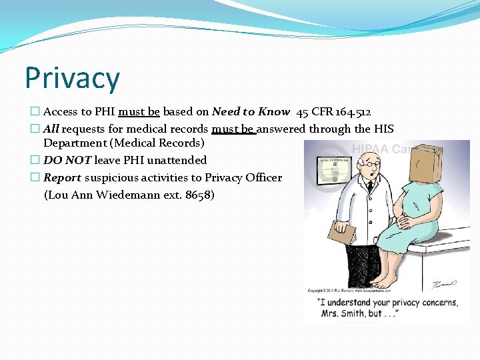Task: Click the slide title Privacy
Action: point(72,78)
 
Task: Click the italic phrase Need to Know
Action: point(251,112)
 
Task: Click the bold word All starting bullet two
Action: point(51,129)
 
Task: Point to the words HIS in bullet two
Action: point(383,129)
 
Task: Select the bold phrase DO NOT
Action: point(67,160)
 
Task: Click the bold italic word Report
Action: point(62,177)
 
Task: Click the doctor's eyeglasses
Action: point(369,164)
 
